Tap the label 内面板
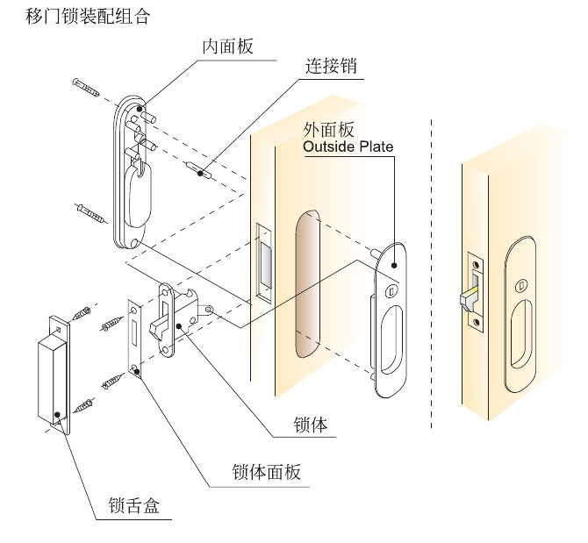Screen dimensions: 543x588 pyautogui.click(x=227, y=46)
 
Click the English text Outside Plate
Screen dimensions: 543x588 pyautogui.click(x=348, y=146)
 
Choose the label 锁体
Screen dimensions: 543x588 pyautogui.click(x=311, y=426)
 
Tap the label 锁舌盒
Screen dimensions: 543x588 pyautogui.click(x=133, y=506)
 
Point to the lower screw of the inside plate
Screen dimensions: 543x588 pyautogui.click(x=90, y=212)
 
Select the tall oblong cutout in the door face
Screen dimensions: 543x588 pyautogui.click(x=305, y=285)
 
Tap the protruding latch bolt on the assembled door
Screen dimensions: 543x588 pyautogui.click(x=467, y=297)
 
